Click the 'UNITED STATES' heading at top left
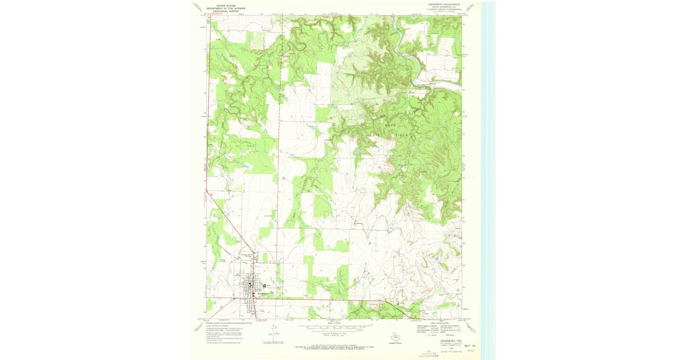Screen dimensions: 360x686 [223, 5]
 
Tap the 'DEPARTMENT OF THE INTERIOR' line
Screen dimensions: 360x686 [223, 8]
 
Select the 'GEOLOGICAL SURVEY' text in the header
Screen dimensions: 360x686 [223, 11]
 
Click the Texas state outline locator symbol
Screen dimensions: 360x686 [394, 337]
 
